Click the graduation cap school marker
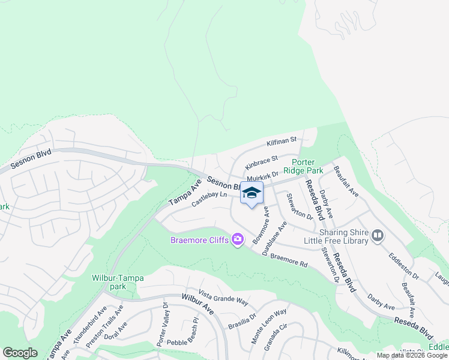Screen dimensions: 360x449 click(252, 193)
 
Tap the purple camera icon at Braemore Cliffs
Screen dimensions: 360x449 click(238, 240)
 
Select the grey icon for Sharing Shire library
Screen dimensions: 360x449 click(378, 236)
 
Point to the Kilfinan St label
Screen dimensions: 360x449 click(282, 143)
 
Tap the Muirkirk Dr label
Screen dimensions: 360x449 click(262, 177)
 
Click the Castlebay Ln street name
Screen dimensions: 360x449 click(209, 199)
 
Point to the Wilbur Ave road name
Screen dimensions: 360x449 click(197, 305)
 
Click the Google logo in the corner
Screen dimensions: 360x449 click(20, 353)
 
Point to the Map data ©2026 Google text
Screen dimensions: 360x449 click(412, 355)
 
